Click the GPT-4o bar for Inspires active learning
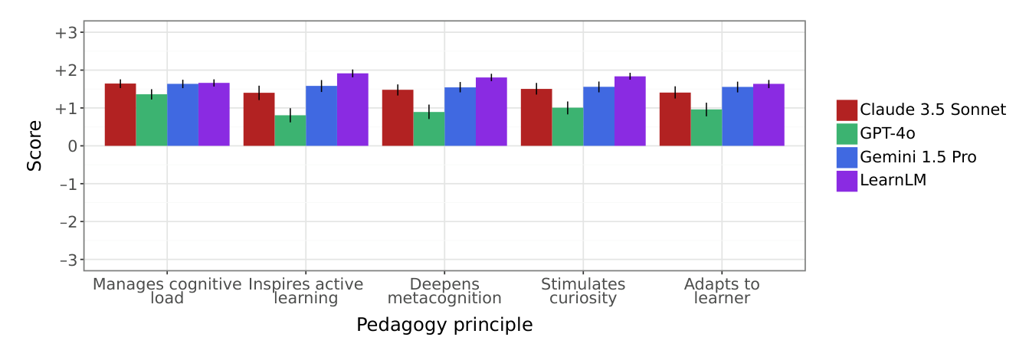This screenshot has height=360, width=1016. (290, 130)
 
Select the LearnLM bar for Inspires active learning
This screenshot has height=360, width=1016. (353, 110)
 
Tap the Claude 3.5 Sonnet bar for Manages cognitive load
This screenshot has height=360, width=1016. (120, 115)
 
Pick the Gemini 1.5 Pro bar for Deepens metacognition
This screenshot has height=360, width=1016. (460, 116)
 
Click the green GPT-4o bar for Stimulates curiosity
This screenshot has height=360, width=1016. (568, 127)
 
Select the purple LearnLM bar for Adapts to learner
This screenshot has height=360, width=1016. (769, 115)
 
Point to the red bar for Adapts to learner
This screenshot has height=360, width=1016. (675, 119)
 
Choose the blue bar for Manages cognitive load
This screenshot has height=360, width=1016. (183, 115)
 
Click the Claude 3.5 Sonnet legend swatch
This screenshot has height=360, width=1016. (847, 110)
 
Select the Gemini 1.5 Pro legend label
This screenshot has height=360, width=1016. (918, 157)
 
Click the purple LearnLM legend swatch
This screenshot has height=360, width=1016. (847, 181)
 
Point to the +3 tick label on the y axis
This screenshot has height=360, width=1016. (67, 33)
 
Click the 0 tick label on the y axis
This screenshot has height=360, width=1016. (73, 146)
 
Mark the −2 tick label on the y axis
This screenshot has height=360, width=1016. (69, 222)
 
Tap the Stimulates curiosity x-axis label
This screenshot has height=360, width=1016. (583, 291)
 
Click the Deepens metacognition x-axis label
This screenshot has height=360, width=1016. (444, 291)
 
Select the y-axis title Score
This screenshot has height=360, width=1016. (34, 146)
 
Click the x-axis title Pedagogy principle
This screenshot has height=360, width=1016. (444, 325)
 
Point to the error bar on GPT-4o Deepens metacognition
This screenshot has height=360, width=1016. (429, 112)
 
